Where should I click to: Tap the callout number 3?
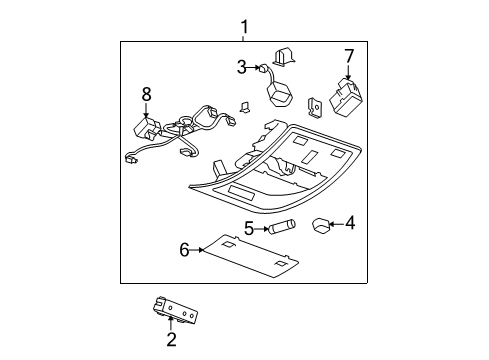coord(242,68)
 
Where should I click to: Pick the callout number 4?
coord(349,224)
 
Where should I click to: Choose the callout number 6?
coord(184,249)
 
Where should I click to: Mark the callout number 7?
coord(349,55)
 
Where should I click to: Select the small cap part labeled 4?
coord(319,225)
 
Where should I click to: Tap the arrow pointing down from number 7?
coord(349,72)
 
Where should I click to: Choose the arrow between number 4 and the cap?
coord(336,224)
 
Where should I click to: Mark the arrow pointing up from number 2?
coord(171,323)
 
